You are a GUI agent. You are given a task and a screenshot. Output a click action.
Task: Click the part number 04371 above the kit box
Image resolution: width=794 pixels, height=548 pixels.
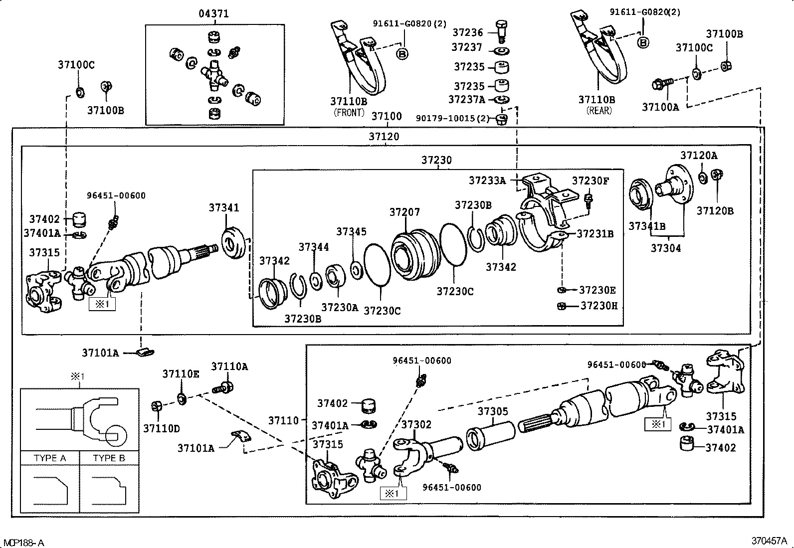coord(214,14)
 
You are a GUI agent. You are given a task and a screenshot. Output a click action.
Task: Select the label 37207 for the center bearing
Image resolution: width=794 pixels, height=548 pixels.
coord(404,212)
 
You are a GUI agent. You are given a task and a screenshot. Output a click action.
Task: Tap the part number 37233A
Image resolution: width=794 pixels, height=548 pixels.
coord(487,181)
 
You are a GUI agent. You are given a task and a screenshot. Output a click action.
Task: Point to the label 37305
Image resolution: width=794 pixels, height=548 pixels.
coord(493,411)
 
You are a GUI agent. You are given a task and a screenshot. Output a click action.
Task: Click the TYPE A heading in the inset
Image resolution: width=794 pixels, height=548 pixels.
coord(50,458)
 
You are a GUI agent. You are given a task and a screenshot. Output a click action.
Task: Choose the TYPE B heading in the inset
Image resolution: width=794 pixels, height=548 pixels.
coord(109,458)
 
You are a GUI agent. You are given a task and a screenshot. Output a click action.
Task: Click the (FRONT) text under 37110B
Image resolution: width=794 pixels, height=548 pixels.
coord(349,113)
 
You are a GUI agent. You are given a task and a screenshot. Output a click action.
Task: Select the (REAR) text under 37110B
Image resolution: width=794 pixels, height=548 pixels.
coord(599,111)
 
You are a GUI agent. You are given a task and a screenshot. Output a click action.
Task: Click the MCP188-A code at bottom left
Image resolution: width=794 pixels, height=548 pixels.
coord(24,543)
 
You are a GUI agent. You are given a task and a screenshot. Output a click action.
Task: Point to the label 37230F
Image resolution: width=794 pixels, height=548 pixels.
coord(591,181)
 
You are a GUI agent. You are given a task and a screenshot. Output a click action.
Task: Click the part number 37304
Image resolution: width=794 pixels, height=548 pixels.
coord(666,248)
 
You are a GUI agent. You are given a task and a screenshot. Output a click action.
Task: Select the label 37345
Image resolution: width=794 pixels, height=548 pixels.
coord(351,231)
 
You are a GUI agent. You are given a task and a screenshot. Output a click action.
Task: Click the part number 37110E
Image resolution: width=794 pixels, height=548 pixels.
coord(181,374)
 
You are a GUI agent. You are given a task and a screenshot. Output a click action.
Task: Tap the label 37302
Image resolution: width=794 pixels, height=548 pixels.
coord(416,424)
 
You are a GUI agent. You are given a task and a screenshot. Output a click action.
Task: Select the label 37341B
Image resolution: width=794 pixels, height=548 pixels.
coord(647,226)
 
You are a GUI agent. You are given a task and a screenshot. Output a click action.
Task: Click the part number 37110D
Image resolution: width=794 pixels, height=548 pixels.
coord(161,428)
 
